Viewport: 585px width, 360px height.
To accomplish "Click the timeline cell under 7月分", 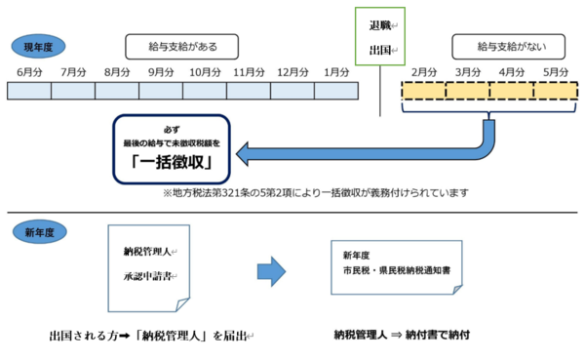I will [x=73, y=91].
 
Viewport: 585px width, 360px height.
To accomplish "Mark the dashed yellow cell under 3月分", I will [x=467, y=91].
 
